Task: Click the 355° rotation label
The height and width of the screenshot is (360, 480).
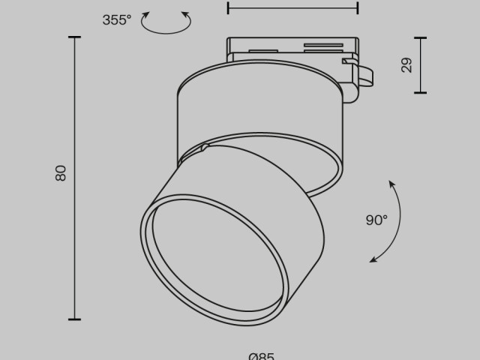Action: click(x=116, y=20)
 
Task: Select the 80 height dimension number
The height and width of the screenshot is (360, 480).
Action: click(x=61, y=172)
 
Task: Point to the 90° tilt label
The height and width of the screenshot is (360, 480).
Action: click(x=376, y=220)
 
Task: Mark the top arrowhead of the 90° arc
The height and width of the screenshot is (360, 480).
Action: click(x=391, y=184)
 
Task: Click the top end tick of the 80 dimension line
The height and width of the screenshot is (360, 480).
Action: click(x=74, y=37)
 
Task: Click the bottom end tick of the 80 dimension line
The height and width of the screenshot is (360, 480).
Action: click(x=74, y=319)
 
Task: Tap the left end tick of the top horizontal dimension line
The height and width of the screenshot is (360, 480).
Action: click(x=228, y=8)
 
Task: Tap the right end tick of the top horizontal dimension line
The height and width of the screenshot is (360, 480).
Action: click(x=357, y=8)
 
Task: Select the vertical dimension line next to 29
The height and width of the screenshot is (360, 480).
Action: click(x=420, y=65)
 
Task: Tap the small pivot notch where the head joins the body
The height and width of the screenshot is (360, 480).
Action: click(x=203, y=148)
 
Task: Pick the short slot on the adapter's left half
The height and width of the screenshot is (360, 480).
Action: click(x=262, y=51)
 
